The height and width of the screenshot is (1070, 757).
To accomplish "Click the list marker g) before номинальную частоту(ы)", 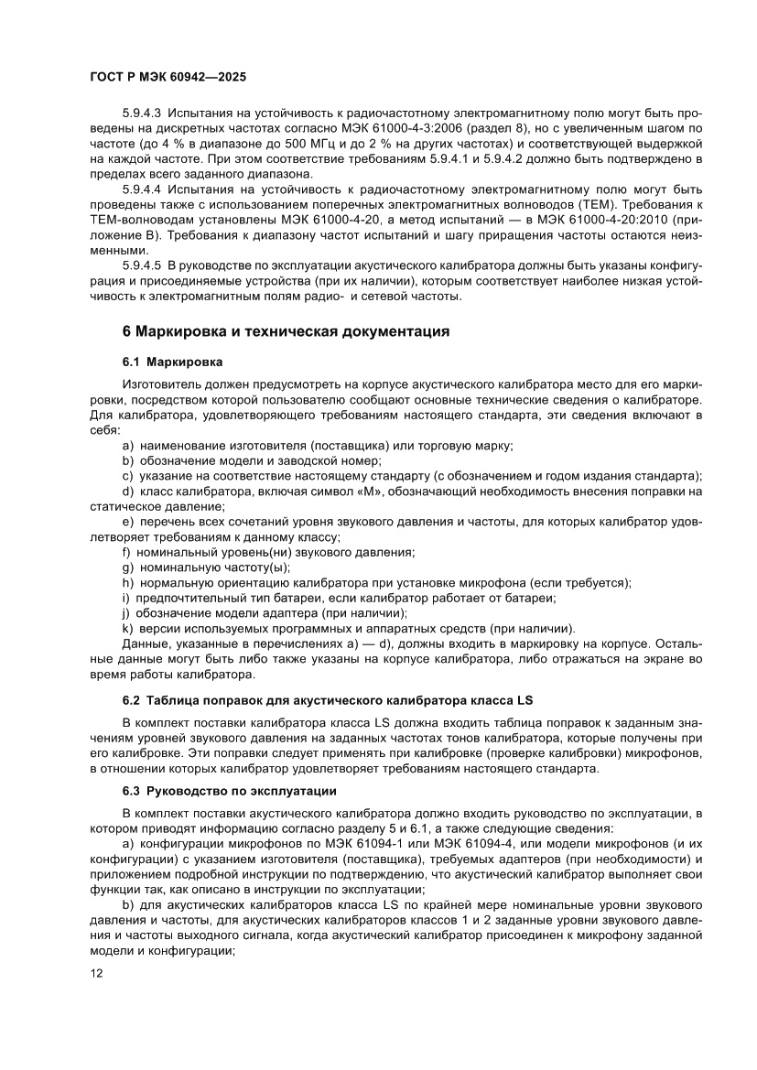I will pos(128,567).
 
